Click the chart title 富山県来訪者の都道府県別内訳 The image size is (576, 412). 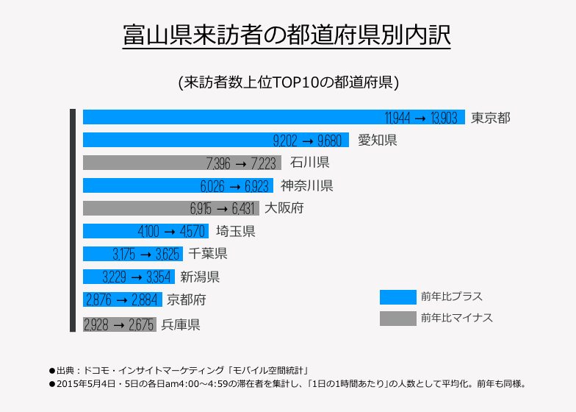(x=287, y=35)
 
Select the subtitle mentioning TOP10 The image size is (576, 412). (x=288, y=82)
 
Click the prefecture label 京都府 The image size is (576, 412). (x=187, y=300)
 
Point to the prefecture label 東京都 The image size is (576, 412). (x=491, y=118)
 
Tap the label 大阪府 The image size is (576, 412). (x=284, y=209)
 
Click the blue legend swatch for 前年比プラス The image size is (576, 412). (x=397, y=296)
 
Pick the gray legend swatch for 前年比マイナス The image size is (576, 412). (x=397, y=318)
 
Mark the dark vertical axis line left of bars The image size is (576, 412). (x=73, y=220)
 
